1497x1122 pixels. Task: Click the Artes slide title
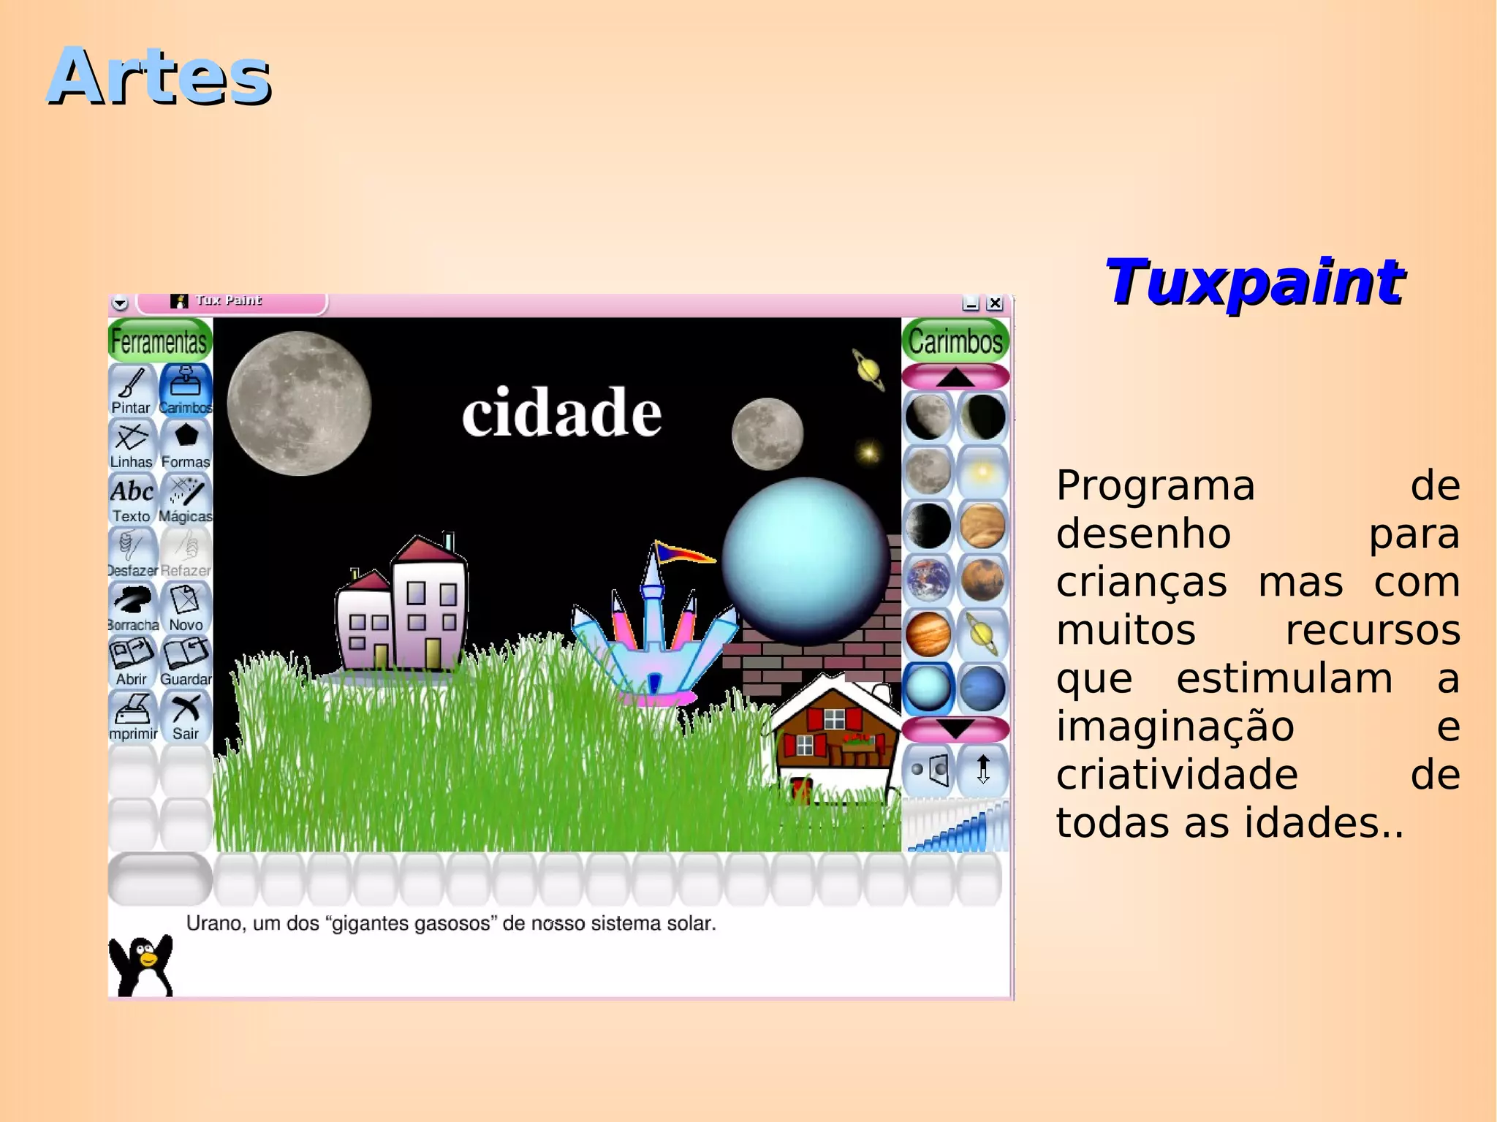[159, 76]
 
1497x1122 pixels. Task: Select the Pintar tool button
[132, 390]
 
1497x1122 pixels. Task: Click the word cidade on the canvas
[561, 413]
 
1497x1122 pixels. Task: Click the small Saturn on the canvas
[868, 369]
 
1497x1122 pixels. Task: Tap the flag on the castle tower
[683, 553]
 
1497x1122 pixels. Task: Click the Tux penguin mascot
[142, 965]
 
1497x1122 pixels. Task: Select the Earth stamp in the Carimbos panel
[928, 580]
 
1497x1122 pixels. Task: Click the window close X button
[995, 303]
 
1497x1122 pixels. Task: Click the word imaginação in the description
[1175, 727]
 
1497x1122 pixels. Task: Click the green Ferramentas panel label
[159, 341]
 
